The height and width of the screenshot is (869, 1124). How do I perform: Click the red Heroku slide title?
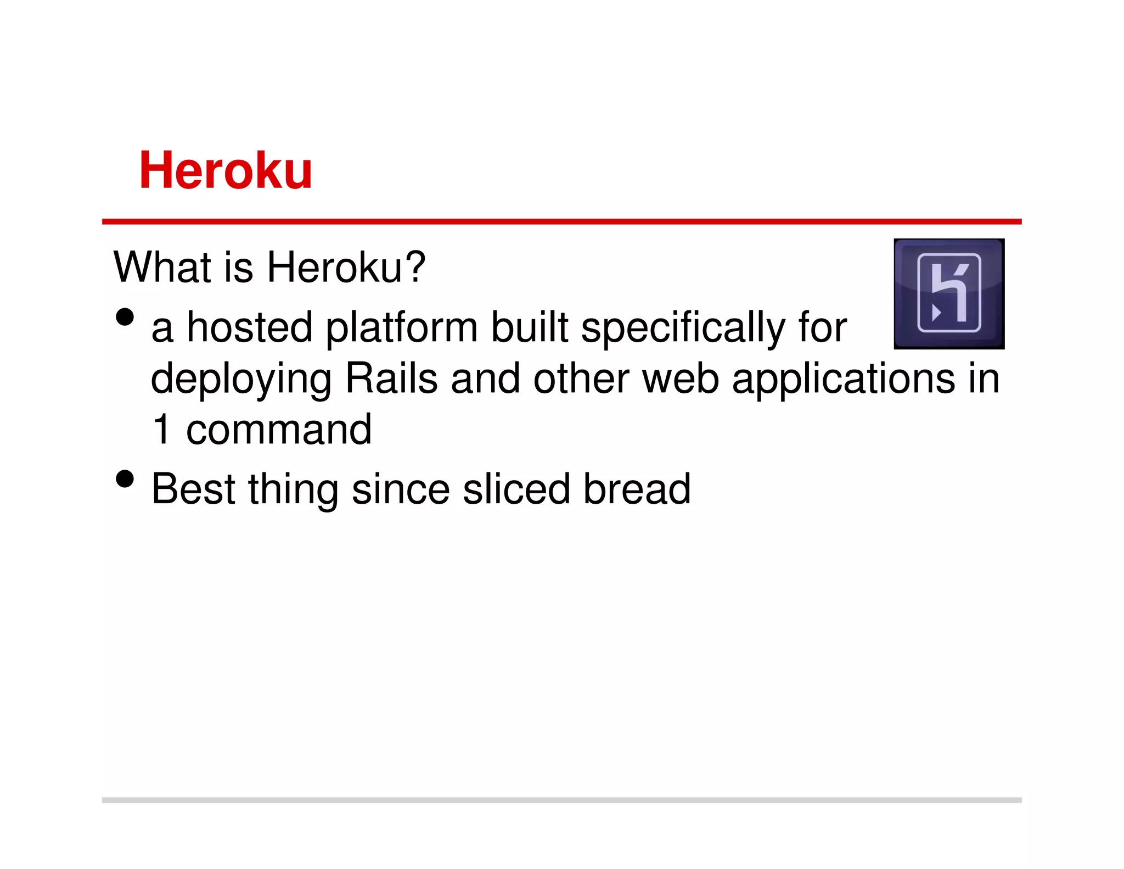tap(226, 171)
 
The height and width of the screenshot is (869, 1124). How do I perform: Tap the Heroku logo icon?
tap(949, 293)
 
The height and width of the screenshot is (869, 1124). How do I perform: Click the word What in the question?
tap(163, 267)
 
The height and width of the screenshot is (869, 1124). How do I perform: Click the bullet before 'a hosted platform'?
tap(125, 317)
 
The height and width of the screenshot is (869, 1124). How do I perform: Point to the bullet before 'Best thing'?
tap(125, 478)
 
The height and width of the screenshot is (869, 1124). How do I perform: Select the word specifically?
tap(683, 328)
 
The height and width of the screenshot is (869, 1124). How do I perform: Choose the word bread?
tap(637, 488)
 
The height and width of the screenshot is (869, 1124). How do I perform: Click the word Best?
tap(193, 488)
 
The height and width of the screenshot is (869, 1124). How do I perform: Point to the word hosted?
tap(250, 327)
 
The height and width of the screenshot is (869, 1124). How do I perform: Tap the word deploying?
tap(241, 380)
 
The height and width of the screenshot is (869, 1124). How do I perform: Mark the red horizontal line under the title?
tap(561, 221)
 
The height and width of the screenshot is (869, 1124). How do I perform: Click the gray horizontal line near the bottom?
tap(561, 800)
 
